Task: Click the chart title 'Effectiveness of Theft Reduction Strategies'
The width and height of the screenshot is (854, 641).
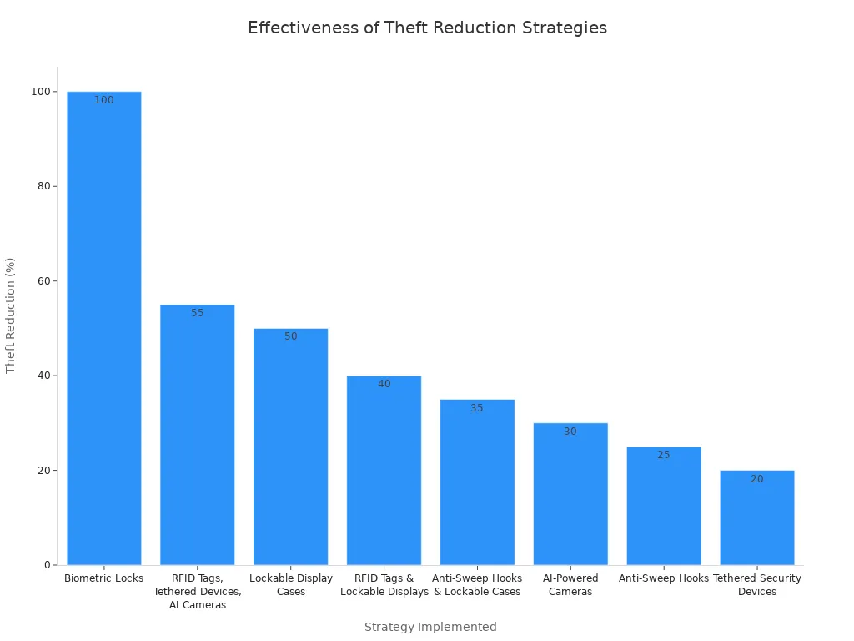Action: [x=427, y=28]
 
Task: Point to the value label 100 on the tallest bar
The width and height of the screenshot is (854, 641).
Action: [x=104, y=100]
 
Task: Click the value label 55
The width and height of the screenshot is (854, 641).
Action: [x=198, y=313]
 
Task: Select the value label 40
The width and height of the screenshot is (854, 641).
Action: [x=384, y=384]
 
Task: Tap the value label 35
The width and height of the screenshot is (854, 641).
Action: [x=477, y=408]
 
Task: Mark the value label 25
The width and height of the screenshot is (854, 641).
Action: [x=664, y=455]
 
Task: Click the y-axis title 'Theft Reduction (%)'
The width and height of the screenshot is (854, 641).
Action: [x=11, y=315]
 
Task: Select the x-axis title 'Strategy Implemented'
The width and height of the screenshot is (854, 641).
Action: [x=430, y=627]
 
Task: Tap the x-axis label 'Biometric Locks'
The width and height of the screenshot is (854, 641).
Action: [x=104, y=578]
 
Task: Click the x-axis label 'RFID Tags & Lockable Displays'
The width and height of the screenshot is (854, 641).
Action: [x=384, y=585]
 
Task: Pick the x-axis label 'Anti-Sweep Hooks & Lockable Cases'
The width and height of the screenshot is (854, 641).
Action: [x=477, y=585]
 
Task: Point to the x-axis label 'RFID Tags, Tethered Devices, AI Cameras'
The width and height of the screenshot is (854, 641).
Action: [x=198, y=592]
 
